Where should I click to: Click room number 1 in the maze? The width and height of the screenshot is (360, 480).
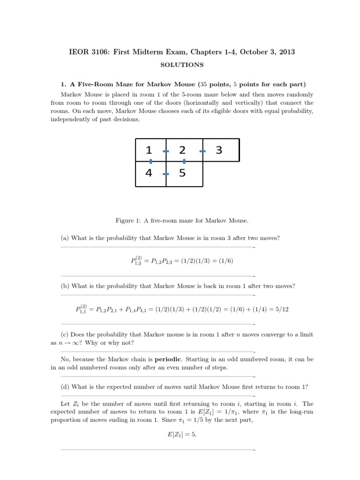point(149,150)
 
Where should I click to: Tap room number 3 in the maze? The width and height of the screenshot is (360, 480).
point(218,150)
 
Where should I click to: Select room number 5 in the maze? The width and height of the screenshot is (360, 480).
point(182,173)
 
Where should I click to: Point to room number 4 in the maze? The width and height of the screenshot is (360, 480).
point(149,173)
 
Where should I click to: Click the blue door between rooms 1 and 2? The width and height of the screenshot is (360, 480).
point(165,151)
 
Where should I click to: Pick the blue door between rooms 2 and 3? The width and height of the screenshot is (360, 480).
point(202,151)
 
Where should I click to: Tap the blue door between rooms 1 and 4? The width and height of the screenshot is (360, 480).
point(150,161)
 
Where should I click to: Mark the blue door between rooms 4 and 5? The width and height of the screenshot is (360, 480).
point(165,174)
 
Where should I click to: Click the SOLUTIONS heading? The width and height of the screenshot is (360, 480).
point(180,65)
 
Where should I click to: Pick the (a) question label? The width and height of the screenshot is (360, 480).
point(65,238)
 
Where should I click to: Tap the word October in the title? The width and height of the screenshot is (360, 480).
point(251,52)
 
